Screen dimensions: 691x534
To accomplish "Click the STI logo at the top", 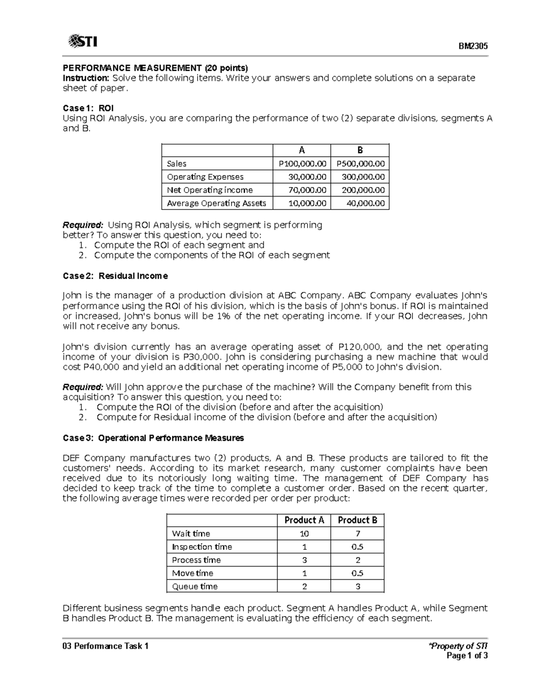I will tap(83, 42).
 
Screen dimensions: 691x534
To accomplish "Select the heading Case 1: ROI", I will tap(88, 108).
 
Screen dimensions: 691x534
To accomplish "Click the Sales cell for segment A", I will tap(302, 164).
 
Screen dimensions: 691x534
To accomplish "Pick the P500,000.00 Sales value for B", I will tap(360, 164).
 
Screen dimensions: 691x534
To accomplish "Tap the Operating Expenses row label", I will tap(205, 177).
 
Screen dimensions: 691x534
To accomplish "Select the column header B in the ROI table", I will tap(360, 150).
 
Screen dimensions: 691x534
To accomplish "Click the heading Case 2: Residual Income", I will tap(115, 276).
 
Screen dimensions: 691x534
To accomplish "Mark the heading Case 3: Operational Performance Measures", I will tap(153, 438).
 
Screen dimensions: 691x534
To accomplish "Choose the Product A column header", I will tap(304, 520).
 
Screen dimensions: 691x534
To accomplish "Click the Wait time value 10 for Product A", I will tap(304, 533).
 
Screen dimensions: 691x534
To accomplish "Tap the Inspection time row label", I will tap(202, 547).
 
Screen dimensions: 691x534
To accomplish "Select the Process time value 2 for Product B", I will tap(358, 560).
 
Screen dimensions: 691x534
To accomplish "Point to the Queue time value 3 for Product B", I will tap(358, 586).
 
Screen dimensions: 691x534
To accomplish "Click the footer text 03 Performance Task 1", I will tap(105, 646).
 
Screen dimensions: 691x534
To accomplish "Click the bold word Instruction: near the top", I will tap(85, 78).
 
